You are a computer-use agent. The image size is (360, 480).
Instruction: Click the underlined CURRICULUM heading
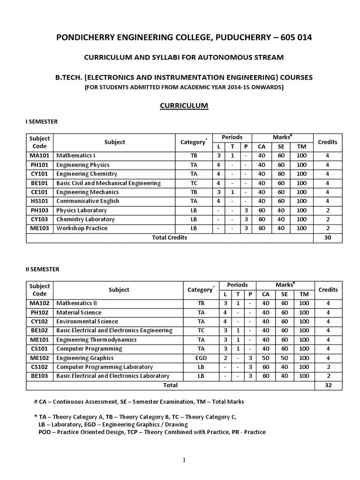[184, 105]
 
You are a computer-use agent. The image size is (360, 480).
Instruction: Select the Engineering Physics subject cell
[83, 165]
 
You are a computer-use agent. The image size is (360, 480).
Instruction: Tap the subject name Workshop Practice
[82, 228]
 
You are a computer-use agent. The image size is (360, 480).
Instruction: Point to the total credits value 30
[327, 238]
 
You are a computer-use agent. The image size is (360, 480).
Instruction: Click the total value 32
[327, 385]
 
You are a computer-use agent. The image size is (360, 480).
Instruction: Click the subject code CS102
[40, 367]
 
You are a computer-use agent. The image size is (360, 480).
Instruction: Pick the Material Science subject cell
[79, 313]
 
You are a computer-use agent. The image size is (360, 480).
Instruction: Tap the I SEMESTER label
[42, 122]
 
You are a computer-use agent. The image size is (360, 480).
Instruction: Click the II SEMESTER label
[42, 270]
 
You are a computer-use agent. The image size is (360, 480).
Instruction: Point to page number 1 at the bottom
[184, 460]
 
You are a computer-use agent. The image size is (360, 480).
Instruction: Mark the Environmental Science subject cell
[87, 322]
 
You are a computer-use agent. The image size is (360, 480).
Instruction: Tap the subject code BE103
[40, 376]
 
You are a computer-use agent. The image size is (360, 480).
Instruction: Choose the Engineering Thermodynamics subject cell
[97, 340]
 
